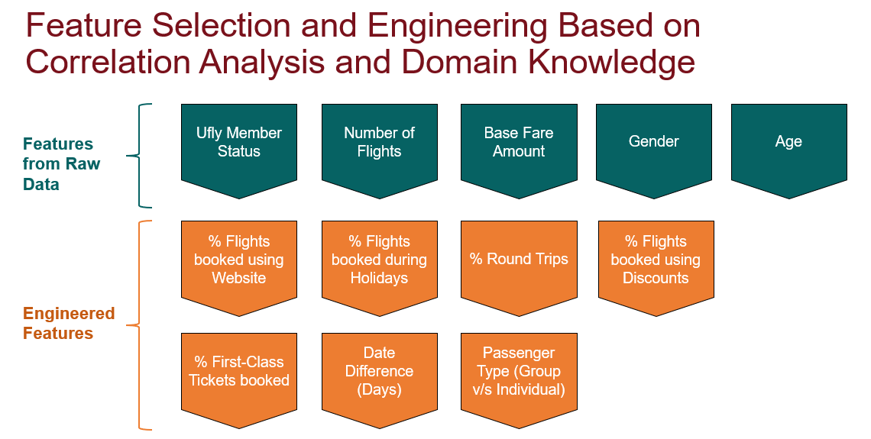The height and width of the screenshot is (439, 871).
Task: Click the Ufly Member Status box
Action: [x=239, y=145]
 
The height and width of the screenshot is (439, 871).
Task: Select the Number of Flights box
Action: [x=379, y=145]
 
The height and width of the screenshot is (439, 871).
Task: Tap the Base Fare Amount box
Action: [x=519, y=145]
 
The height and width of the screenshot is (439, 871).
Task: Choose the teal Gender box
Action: [x=654, y=145]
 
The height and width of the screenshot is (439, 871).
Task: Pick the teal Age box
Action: [x=788, y=145]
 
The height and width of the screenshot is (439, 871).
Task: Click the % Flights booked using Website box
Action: [x=239, y=262]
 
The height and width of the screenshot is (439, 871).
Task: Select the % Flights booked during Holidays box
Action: [x=379, y=262]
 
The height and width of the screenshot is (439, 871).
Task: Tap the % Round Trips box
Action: [x=519, y=262]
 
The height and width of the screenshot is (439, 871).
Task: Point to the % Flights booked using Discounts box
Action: [x=656, y=262]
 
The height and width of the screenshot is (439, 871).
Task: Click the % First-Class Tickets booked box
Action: [x=239, y=373]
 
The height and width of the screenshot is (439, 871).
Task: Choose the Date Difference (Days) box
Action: [x=379, y=373]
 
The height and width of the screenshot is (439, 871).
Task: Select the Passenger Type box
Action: [x=519, y=373]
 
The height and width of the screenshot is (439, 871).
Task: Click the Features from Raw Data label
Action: [x=61, y=164]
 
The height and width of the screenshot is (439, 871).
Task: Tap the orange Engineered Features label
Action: [x=69, y=324]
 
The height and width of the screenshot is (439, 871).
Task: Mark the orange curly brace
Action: [x=140, y=325]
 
